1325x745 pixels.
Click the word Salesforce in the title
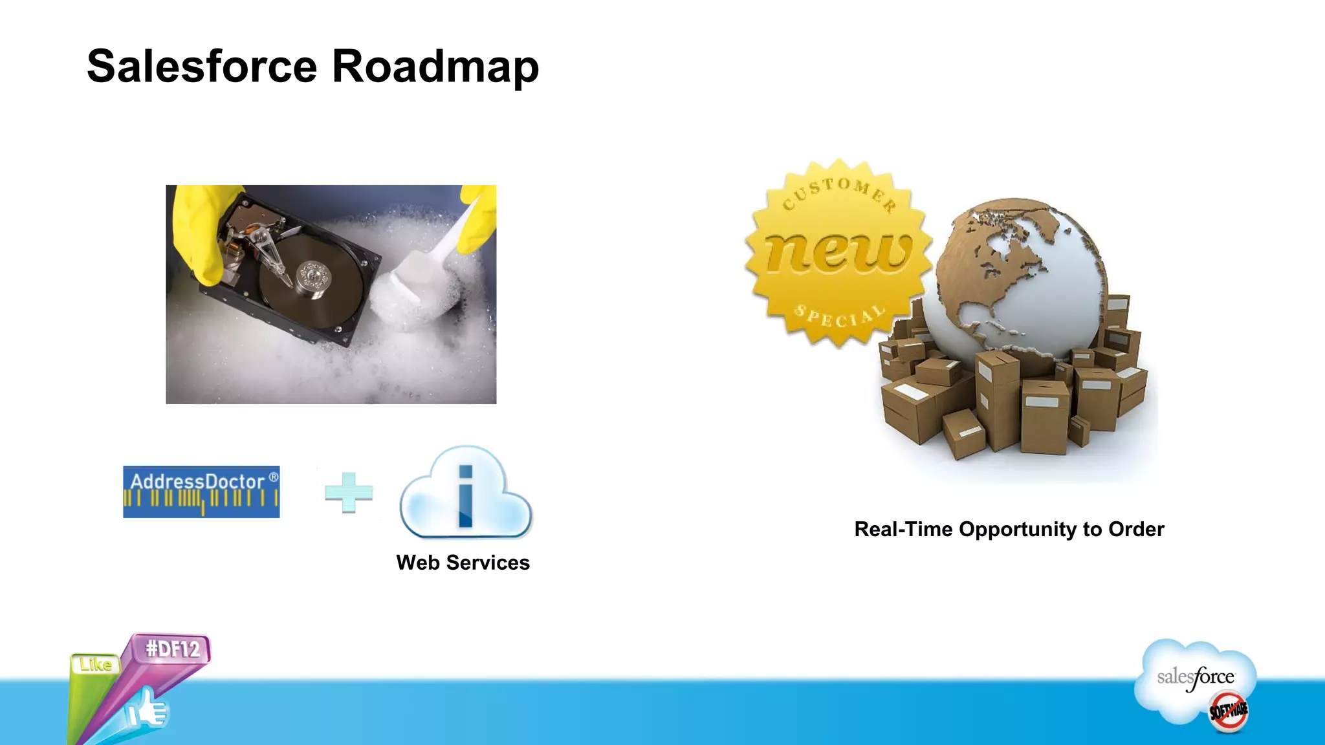[202, 67]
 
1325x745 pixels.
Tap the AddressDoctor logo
[201, 491]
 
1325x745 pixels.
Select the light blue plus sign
[348, 493]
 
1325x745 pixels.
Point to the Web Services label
[463, 563]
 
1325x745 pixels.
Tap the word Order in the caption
[1136, 530]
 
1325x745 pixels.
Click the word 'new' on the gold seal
[838, 252]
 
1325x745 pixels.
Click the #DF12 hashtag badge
[173, 649]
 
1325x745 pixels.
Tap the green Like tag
[96, 665]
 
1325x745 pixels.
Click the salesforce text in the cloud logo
[1195, 678]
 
